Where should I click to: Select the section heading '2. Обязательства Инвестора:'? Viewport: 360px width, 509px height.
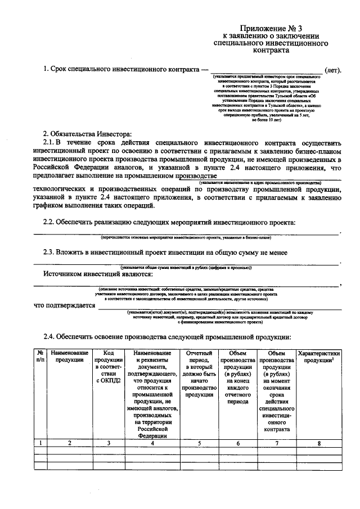tap(87, 133)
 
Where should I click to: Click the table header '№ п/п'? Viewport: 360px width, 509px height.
tap(40, 356)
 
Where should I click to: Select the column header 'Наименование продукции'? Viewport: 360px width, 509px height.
tap(70, 356)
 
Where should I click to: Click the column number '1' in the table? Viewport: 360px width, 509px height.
tap(40, 443)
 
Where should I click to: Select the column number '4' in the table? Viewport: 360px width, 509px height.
tap(152, 443)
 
